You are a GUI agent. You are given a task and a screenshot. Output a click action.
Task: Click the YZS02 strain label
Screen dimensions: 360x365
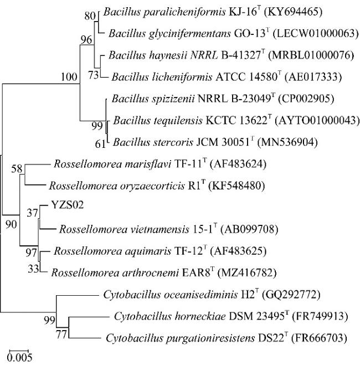[x=67, y=205]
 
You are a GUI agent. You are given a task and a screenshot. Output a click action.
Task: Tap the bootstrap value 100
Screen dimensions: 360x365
[x=69, y=76]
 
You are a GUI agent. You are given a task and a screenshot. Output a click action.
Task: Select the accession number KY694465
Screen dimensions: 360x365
[x=293, y=12]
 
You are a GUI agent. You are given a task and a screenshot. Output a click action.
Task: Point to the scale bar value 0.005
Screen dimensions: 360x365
[x=19, y=357]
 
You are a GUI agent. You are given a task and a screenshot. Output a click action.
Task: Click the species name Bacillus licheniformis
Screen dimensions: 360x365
[x=162, y=77]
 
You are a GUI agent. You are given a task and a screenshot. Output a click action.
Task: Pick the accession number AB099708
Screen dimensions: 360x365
[x=249, y=229]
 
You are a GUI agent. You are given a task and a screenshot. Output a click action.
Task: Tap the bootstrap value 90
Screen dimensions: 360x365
[x=11, y=224]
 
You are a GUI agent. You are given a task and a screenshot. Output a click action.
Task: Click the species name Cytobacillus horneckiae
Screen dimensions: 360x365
[x=170, y=316]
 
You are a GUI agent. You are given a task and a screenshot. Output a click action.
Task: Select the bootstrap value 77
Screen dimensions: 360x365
[x=61, y=335]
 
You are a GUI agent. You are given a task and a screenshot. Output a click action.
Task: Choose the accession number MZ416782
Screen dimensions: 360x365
[x=246, y=273]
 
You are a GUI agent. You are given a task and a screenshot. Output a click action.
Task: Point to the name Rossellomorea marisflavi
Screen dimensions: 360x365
[x=112, y=164]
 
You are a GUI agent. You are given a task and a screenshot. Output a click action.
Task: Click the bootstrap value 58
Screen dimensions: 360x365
[x=17, y=169]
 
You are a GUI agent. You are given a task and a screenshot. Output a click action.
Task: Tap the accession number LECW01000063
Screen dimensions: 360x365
[x=315, y=34]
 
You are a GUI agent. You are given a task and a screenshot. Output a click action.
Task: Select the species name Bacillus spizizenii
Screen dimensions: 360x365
[x=153, y=99]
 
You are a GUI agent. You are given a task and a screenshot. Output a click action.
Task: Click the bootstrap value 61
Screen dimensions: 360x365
[x=100, y=144]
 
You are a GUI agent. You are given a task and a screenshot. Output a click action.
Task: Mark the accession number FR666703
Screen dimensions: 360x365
[x=318, y=338]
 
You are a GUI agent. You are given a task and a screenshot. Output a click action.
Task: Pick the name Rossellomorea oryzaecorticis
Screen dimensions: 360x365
[x=117, y=186]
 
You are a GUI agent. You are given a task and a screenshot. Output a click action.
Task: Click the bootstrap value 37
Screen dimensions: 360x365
[x=32, y=213]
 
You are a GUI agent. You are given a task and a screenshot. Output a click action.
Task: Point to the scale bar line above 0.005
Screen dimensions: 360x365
[x=19, y=350]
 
